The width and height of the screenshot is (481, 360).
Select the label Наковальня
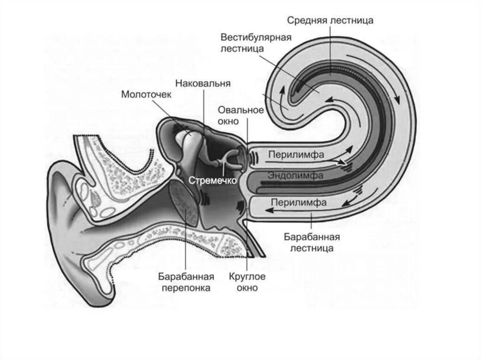[202, 84]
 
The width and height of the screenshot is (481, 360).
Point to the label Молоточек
[147, 94]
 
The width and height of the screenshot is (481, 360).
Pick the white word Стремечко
[211, 180]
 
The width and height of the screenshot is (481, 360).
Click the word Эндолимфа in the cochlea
[295, 176]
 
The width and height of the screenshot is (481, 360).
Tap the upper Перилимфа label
[296, 154]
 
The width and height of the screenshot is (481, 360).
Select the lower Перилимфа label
[299, 202]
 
